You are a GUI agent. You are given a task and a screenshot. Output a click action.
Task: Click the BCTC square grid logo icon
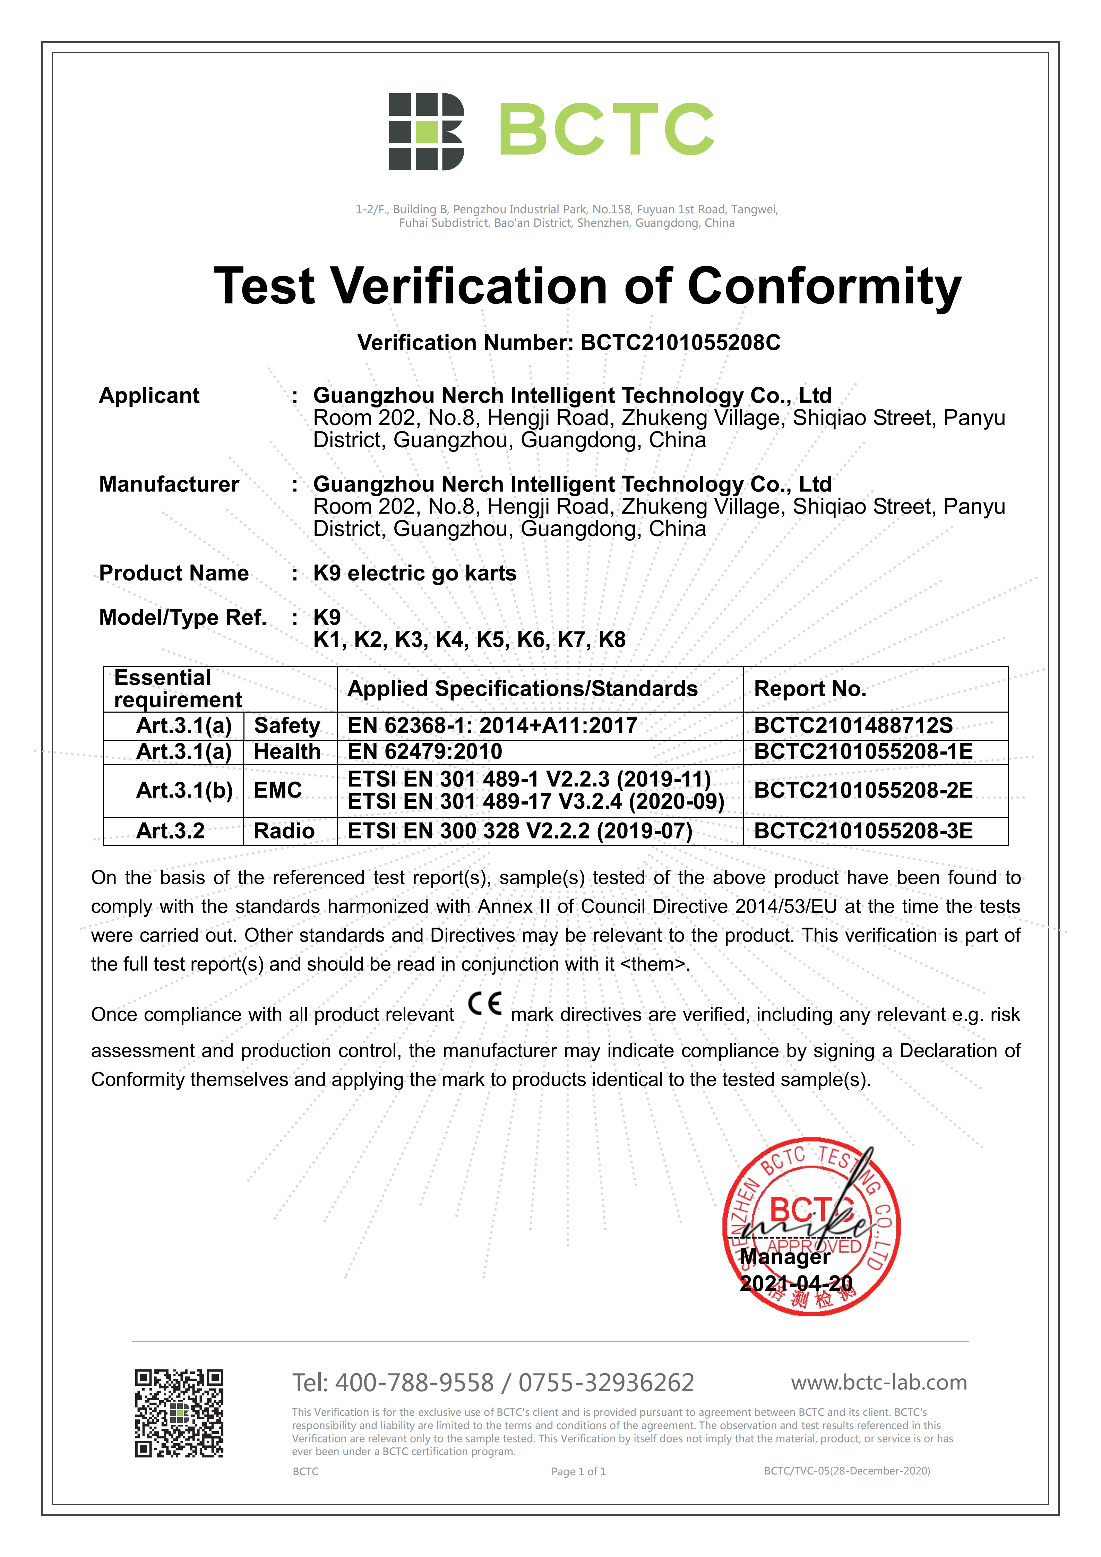426,131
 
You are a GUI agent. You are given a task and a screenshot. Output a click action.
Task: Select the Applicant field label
149,395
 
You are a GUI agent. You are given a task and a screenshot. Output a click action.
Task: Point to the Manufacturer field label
169,484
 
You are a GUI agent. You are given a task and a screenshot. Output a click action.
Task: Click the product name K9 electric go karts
414,573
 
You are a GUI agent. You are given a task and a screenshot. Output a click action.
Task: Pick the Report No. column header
810,689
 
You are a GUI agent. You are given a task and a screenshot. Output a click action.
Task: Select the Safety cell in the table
287,725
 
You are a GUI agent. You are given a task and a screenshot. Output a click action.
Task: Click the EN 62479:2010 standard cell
425,751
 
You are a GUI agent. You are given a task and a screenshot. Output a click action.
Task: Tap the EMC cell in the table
278,790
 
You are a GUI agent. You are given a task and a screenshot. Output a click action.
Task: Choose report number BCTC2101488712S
853,725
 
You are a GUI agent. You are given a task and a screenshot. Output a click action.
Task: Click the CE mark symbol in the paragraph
485,1004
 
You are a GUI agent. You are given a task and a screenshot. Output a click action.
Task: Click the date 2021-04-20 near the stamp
796,1284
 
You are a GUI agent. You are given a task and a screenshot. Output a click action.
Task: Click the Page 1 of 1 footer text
578,1472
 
